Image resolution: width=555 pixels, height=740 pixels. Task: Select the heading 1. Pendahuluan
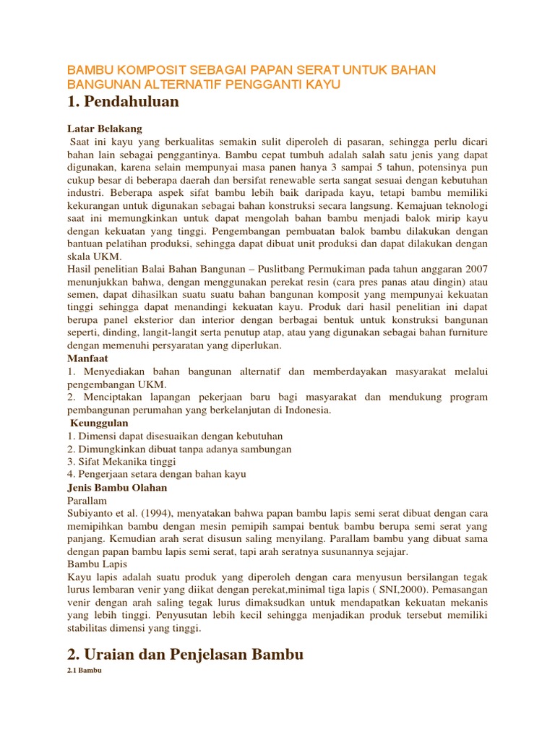point(123,103)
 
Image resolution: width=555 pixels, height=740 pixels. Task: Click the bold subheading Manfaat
point(88,358)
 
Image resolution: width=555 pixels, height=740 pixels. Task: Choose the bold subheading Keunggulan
point(100,423)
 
